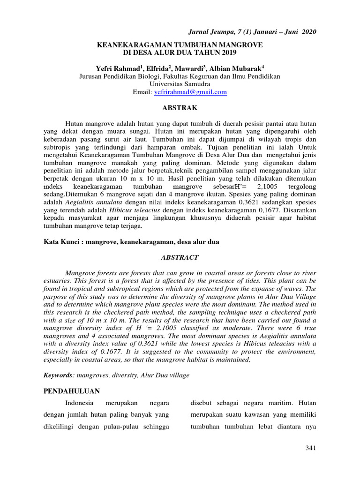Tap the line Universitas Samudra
coord(180,84)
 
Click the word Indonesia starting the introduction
coord(80,403)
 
